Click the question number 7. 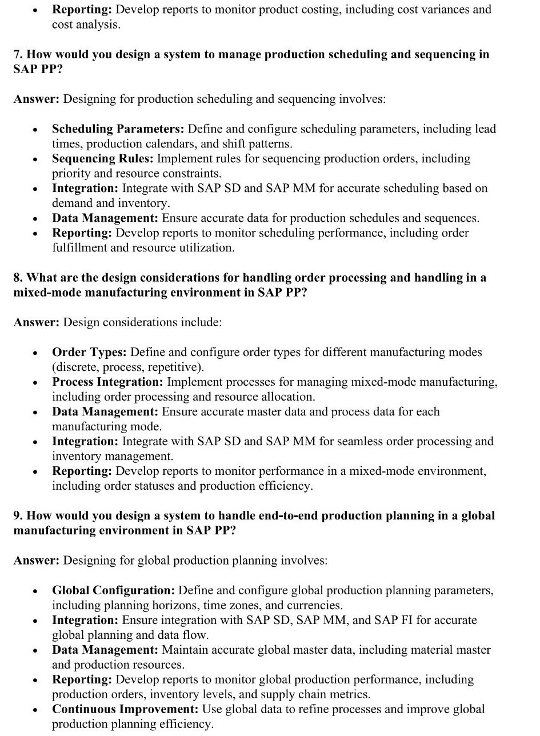point(18,55)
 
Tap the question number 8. point(18,278)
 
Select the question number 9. point(18,515)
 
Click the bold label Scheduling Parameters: point(118,129)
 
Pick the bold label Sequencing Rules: point(103,159)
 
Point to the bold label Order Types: point(90,352)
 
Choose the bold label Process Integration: point(108,382)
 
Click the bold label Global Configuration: point(114,590)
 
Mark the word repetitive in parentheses point(176,367)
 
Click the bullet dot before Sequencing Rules point(35,159)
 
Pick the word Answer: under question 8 point(36,322)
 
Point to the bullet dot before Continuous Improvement point(35,710)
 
